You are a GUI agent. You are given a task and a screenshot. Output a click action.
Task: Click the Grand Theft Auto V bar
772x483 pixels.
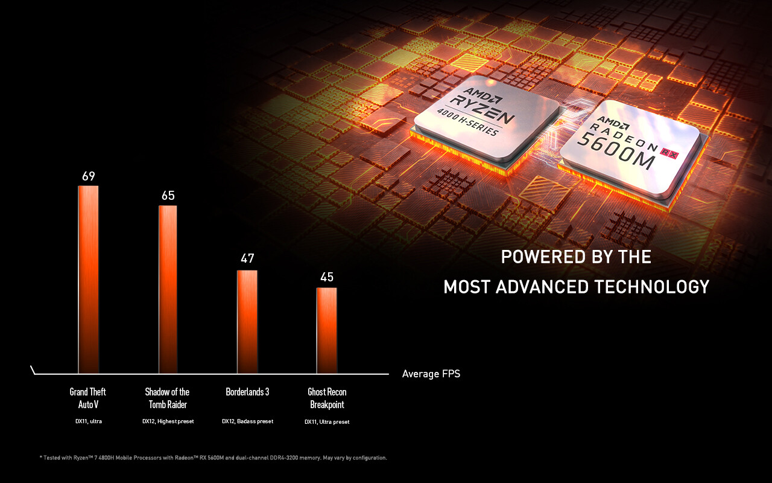tap(88, 279)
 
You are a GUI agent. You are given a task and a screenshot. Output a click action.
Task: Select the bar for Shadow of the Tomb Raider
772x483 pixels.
tap(168, 289)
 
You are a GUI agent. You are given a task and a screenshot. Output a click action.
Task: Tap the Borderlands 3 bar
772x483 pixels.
tap(247, 321)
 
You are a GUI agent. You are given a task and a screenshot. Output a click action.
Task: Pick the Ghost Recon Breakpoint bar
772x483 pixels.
tap(327, 330)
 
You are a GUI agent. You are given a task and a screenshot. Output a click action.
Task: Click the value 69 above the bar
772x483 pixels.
tap(89, 176)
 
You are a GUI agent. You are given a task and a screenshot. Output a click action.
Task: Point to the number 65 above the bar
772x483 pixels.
tap(168, 196)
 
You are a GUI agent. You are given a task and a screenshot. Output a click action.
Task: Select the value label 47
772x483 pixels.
tap(247, 258)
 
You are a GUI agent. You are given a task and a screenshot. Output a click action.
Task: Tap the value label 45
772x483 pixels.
tap(327, 277)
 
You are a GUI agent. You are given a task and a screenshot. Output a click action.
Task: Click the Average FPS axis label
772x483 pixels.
tap(431, 374)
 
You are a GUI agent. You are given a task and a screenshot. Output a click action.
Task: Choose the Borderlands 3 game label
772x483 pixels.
tap(247, 392)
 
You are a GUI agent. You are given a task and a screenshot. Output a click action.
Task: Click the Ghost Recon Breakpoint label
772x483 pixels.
tap(327, 398)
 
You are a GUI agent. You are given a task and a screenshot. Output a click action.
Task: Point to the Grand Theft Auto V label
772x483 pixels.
tap(87, 398)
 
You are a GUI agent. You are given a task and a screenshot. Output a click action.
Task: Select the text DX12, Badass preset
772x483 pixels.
tap(247, 421)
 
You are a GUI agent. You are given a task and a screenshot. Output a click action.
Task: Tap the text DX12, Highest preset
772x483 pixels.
tap(168, 421)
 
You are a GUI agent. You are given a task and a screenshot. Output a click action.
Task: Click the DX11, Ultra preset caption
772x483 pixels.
tap(327, 421)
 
